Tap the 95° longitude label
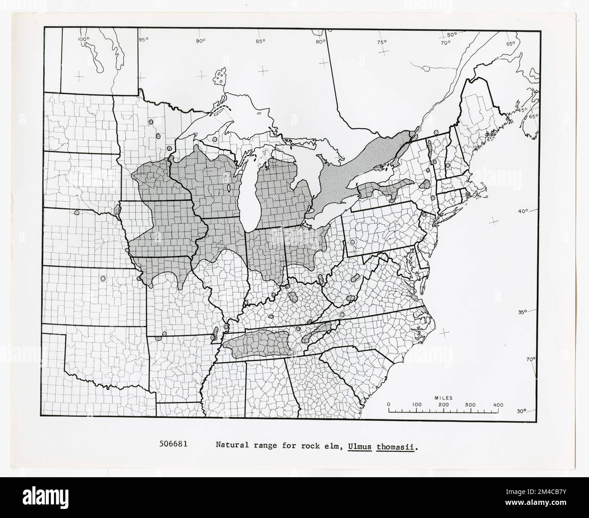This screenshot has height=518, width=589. [143, 39]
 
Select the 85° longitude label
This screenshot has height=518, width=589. [260, 42]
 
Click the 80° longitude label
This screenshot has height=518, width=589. [320, 42]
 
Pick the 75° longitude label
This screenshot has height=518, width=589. [381, 42]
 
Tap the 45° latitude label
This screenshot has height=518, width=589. [522, 110]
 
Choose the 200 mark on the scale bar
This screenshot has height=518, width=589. [444, 404]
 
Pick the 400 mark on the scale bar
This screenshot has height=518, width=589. [498, 404]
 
